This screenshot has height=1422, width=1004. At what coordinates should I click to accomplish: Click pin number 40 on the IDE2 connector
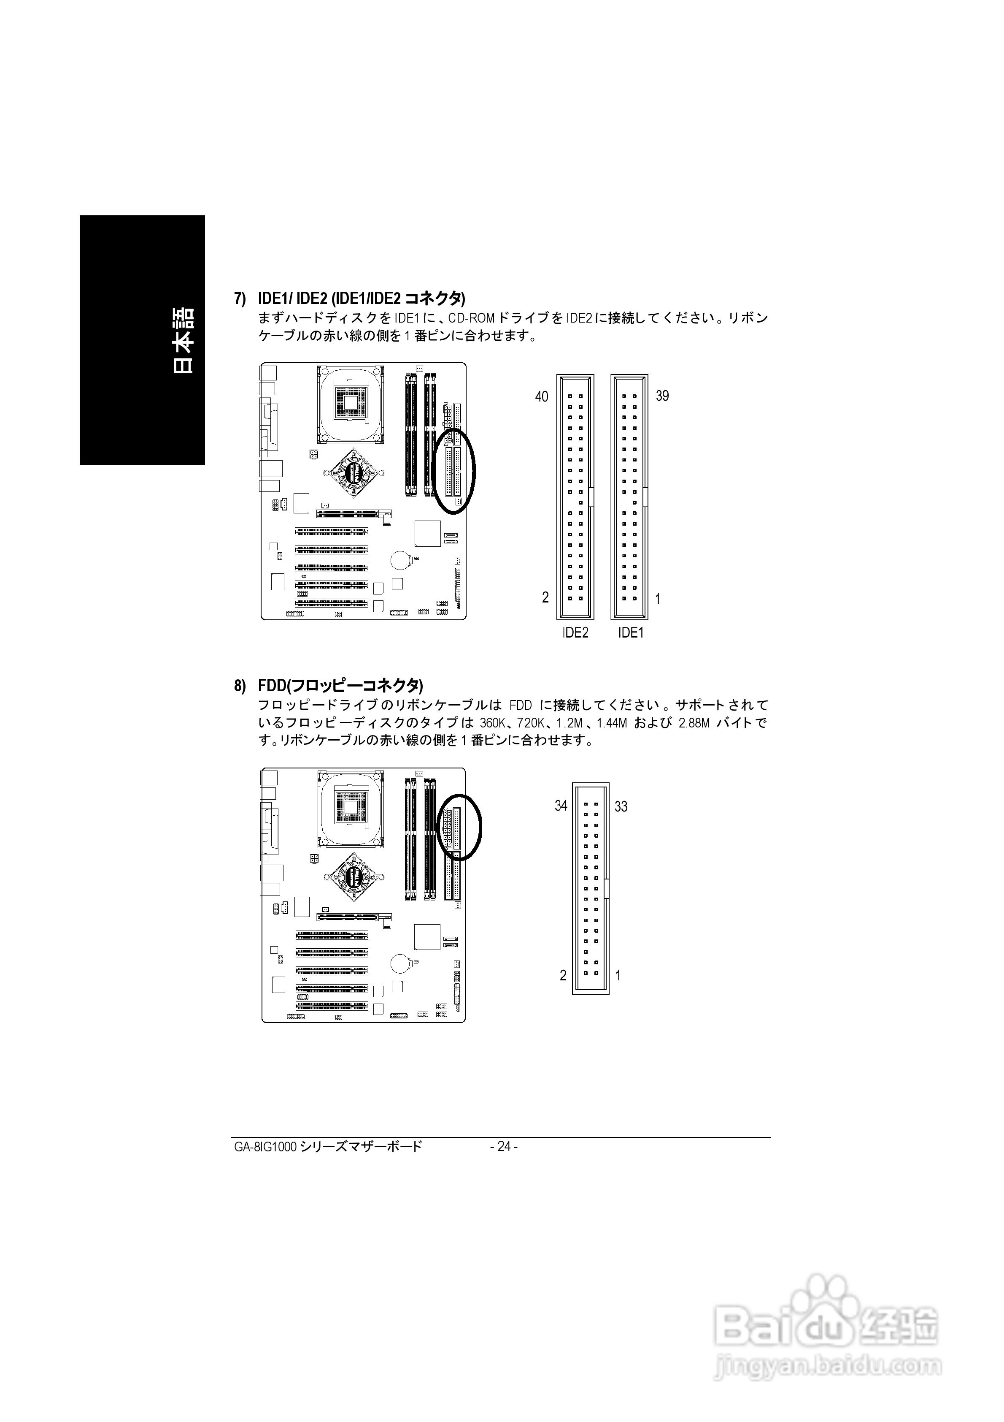[542, 397]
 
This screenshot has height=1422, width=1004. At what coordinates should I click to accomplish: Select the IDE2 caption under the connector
[575, 633]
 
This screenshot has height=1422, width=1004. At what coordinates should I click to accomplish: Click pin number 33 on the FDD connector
[621, 807]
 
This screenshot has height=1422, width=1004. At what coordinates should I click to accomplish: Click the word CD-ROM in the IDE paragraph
[472, 318]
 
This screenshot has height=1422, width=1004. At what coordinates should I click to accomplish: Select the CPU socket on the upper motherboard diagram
[351, 402]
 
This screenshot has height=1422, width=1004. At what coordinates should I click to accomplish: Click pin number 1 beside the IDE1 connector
[657, 599]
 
